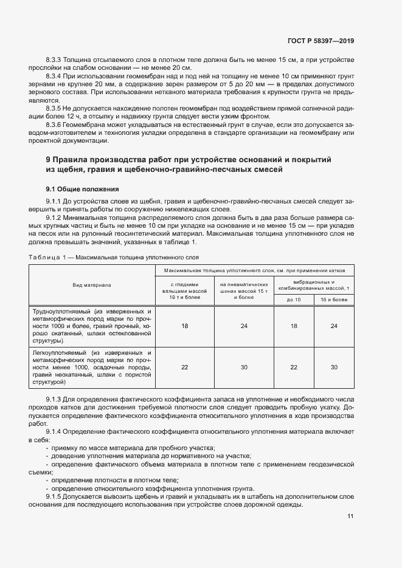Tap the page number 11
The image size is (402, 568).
[x=350, y=516]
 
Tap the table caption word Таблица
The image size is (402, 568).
[x=44, y=257]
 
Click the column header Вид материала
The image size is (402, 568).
[x=92, y=284]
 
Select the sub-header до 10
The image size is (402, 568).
[x=294, y=300]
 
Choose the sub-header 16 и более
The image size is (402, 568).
[x=334, y=300]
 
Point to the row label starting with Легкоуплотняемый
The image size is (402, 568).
[x=92, y=367]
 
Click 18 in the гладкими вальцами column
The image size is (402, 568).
[x=185, y=326]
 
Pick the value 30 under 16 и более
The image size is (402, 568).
[x=334, y=367]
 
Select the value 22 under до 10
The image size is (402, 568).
[x=294, y=367]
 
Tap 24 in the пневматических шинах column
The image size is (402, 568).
[x=244, y=326]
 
